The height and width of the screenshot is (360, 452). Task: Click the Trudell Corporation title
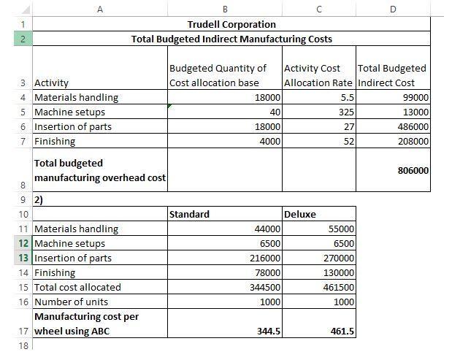(x=231, y=24)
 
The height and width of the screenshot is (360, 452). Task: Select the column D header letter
(x=393, y=9)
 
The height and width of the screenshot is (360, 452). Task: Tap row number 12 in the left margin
(x=23, y=243)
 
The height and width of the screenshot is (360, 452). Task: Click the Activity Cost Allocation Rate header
(x=318, y=75)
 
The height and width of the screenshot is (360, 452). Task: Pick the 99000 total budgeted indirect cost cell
(x=415, y=98)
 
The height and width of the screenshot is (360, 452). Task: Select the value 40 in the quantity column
(x=275, y=112)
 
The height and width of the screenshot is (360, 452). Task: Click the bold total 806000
(x=413, y=170)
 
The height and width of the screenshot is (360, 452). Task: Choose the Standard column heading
(x=189, y=214)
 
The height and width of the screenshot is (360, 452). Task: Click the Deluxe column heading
(x=299, y=214)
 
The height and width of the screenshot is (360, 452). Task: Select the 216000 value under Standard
(x=265, y=258)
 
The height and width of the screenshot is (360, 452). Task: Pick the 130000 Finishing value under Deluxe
(x=338, y=272)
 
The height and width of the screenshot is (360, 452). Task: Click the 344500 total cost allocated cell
(x=265, y=287)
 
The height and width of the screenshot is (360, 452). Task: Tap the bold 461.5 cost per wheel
(x=342, y=332)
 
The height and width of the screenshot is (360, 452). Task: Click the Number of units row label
(x=71, y=302)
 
